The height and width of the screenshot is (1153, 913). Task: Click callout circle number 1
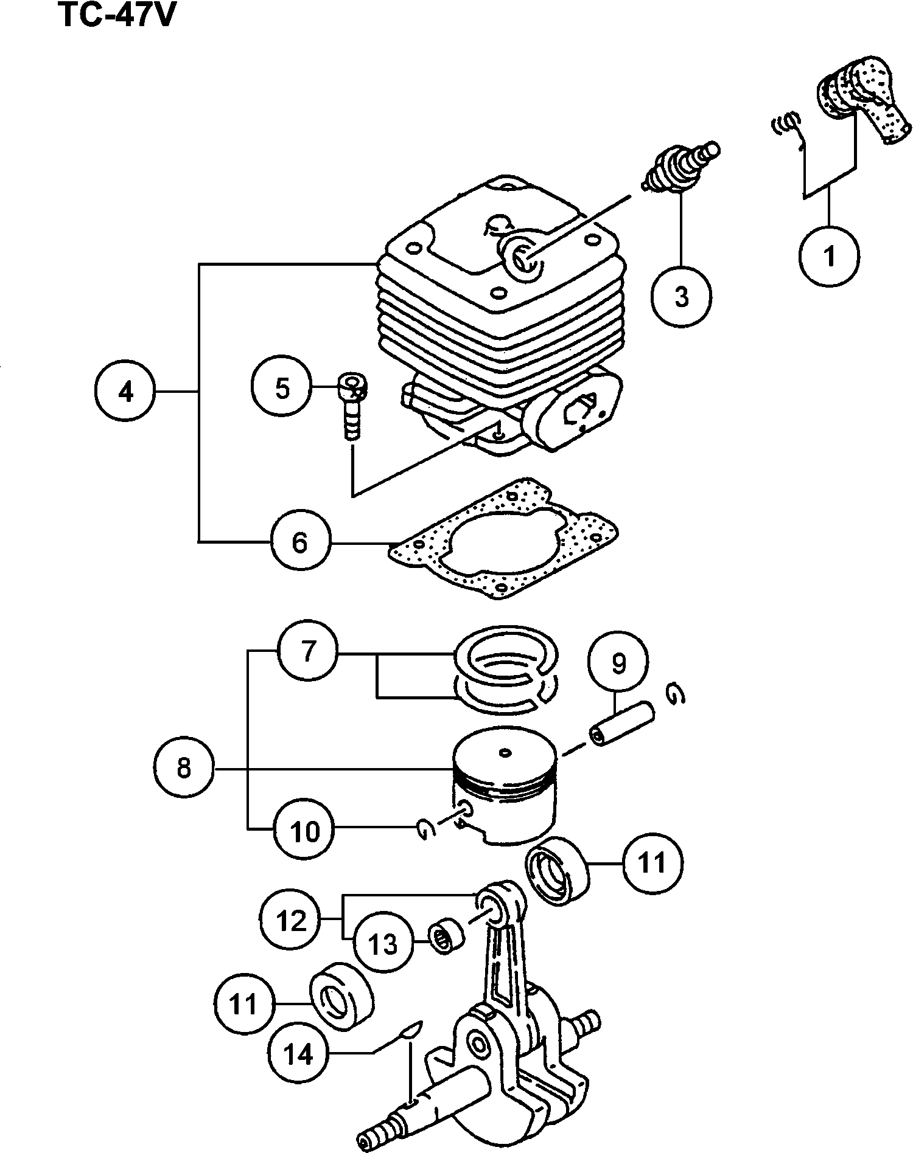(829, 256)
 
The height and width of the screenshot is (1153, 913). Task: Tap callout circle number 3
(681, 296)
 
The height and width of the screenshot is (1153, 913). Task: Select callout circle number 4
(125, 391)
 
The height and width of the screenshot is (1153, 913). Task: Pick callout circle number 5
(282, 387)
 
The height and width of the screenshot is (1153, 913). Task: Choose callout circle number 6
(300, 541)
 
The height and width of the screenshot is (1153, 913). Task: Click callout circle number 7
(308, 651)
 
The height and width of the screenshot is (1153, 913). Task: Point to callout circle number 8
(183, 768)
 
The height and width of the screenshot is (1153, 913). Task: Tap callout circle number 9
(618, 663)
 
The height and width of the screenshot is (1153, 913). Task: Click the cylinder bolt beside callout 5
(352, 405)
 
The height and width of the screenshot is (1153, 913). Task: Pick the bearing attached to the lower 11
(341, 996)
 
